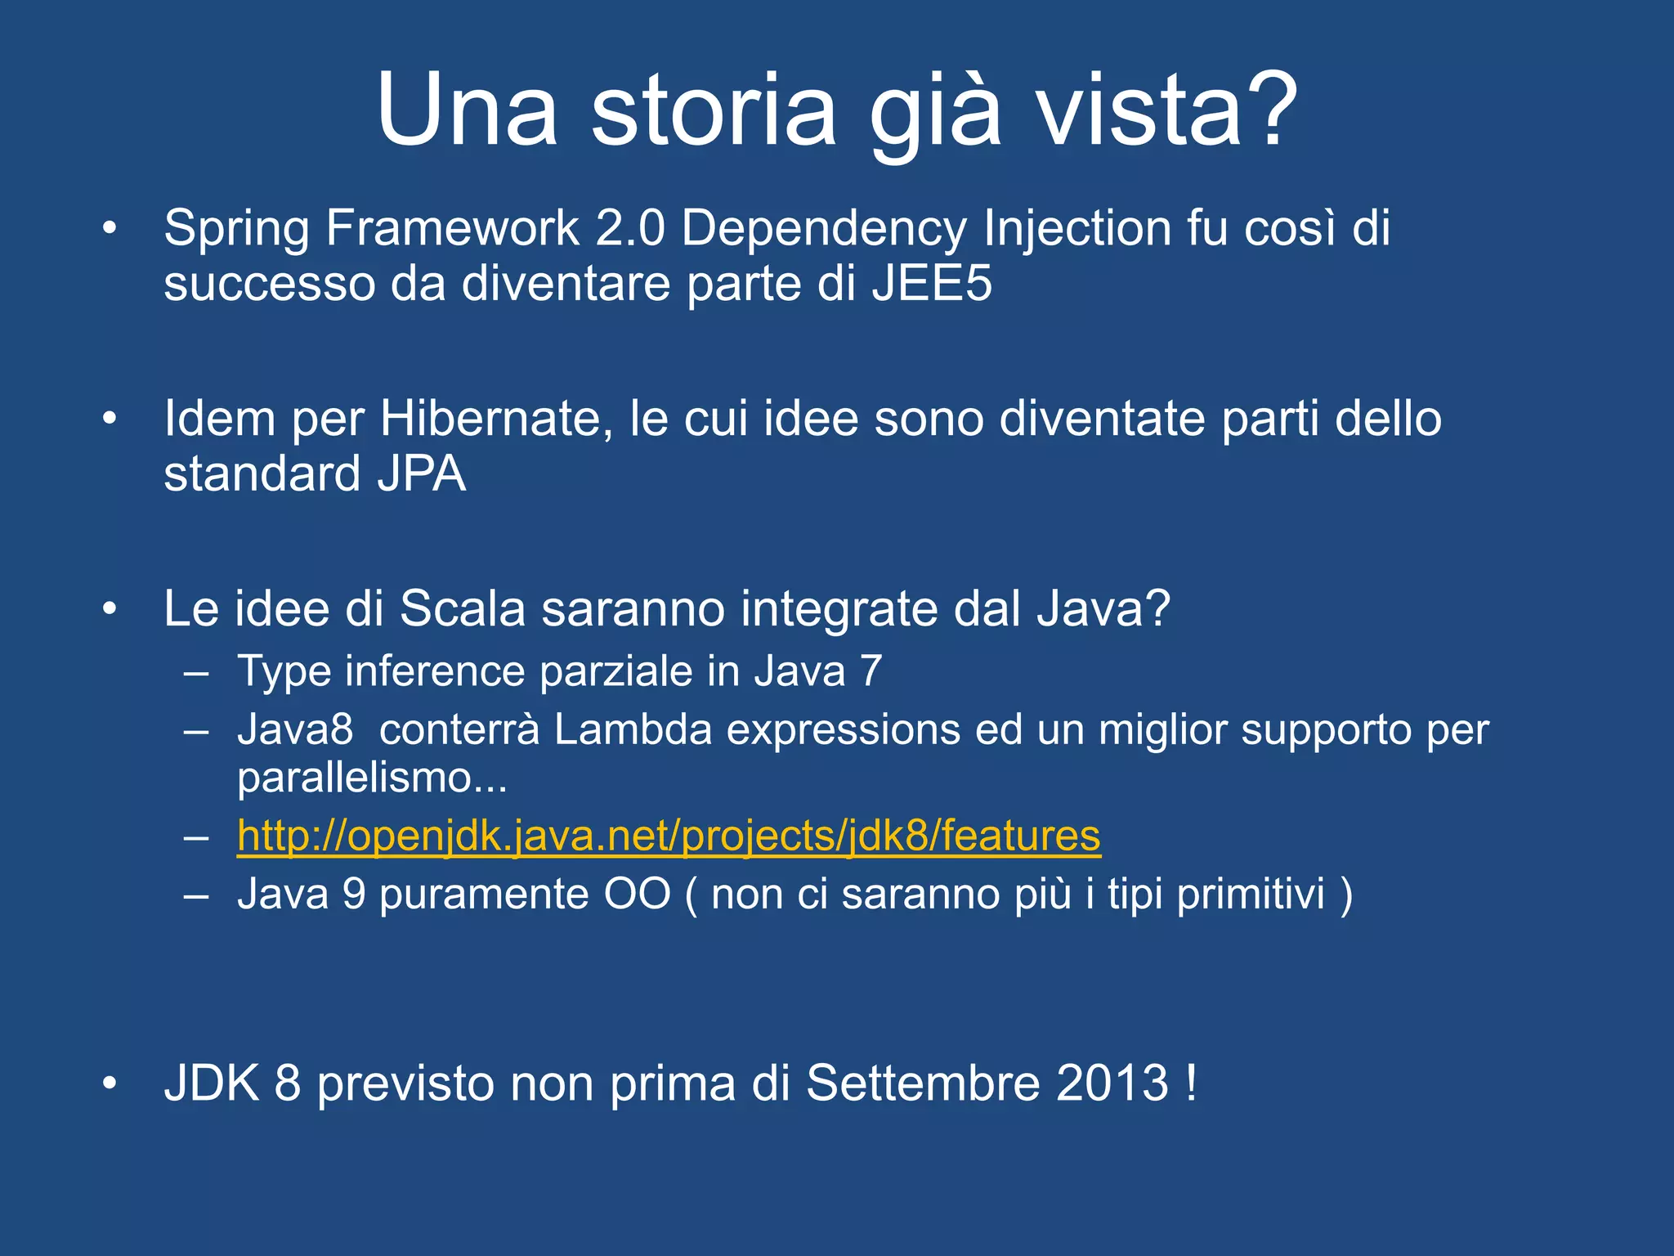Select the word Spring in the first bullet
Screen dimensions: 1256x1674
point(236,229)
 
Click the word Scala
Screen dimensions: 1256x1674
point(462,609)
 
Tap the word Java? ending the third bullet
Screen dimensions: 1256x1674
point(1103,609)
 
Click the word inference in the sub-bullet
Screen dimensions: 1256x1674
point(436,671)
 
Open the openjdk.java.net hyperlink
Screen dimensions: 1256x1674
point(669,837)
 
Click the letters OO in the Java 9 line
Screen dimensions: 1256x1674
point(637,894)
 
